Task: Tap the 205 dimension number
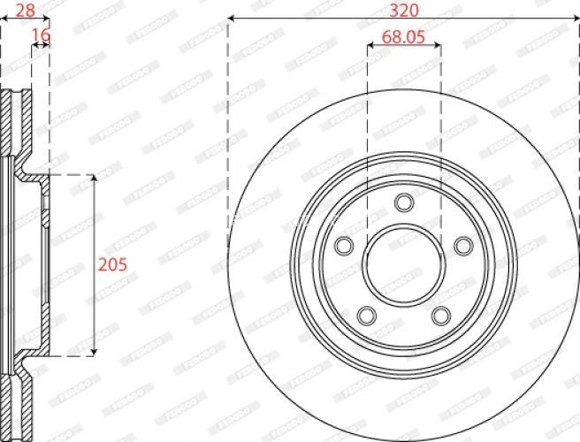[113, 263]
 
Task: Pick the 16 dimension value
[40, 34]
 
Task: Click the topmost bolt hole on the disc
[404, 202]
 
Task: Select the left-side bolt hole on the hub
[345, 245]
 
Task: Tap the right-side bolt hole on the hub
[462, 245]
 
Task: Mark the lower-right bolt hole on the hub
[440, 314]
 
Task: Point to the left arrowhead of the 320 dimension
[233, 19]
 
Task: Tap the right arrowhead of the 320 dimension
[575, 19]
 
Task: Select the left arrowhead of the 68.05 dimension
[370, 48]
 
